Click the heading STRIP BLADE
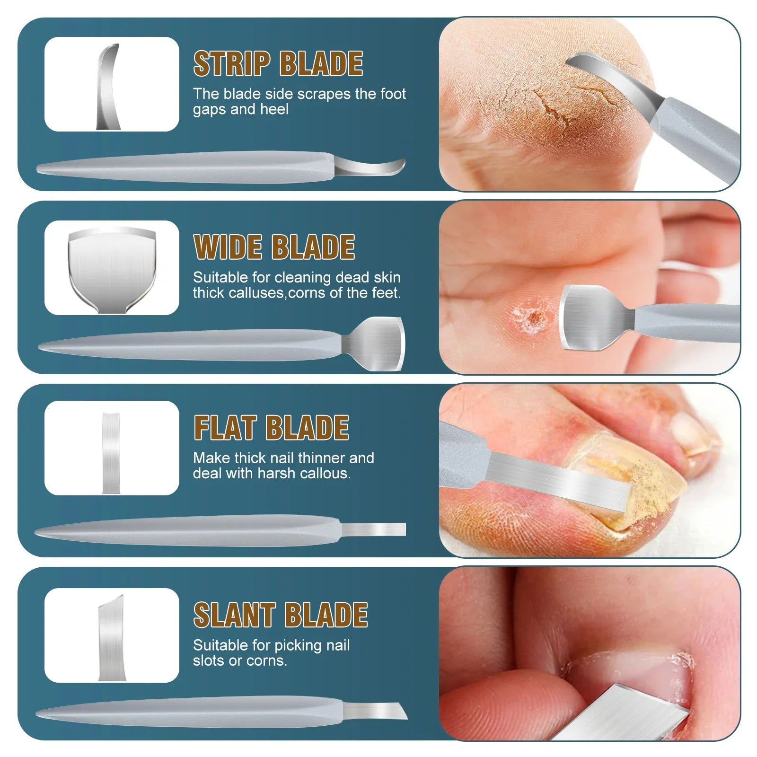[x=278, y=64]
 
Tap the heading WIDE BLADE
[x=274, y=247]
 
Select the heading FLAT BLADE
[x=271, y=428]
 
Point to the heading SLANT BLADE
[x=281, y=615]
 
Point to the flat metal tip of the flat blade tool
[x=374, y=529]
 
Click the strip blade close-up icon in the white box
[x=108, y=87]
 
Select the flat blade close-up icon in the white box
[x=111, y=453]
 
